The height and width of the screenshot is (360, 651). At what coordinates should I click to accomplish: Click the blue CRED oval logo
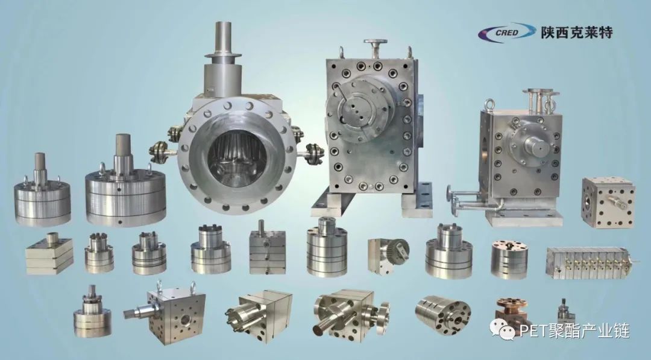click(x=506, y=33)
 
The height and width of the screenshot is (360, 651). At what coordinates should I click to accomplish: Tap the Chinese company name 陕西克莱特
click(x=577, y=33)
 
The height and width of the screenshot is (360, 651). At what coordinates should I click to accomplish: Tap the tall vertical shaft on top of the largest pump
click(x=224, y=39)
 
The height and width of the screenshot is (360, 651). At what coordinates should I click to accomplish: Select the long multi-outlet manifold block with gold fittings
click(x=592, y=262)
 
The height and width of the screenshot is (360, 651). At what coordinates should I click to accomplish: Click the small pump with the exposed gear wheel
click(x=388, y=256)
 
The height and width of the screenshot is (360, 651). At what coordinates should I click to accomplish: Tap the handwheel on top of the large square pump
click(x=376, y=42)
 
